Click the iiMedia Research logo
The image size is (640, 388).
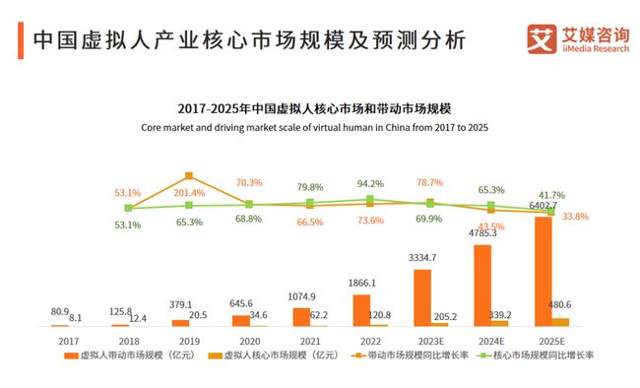tap(576, 40)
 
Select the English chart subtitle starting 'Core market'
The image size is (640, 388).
tap(314, 127)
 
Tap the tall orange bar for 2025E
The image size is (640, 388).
tap(544, 271)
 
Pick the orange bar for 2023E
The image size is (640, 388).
tap(422, 296)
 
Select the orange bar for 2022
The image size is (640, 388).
tap(361, 309)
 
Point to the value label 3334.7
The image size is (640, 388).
tap(422, 258)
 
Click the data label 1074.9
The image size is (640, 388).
tap(302, 296)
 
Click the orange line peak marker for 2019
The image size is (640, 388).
tap(189, 176)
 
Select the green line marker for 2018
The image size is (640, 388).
tap(128, 208)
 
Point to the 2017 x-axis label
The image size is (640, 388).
tap(68, 339)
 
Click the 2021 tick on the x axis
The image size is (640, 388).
tap(309, 339)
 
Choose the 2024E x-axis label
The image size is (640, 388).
tap(490, 339)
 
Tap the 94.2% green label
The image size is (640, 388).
tap(370, 183)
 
